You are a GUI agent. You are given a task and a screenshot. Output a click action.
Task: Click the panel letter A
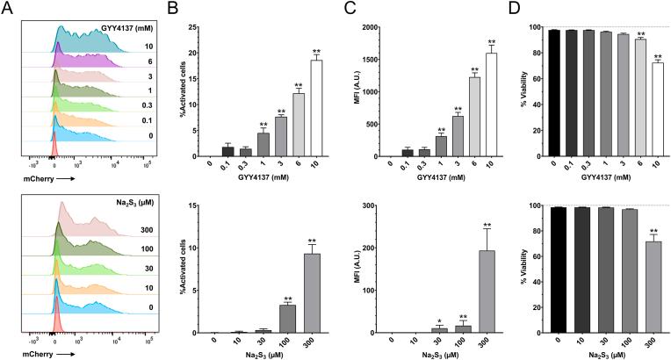coord(8,10)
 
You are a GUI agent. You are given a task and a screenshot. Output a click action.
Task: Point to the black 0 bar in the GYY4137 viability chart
coord(554,92)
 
